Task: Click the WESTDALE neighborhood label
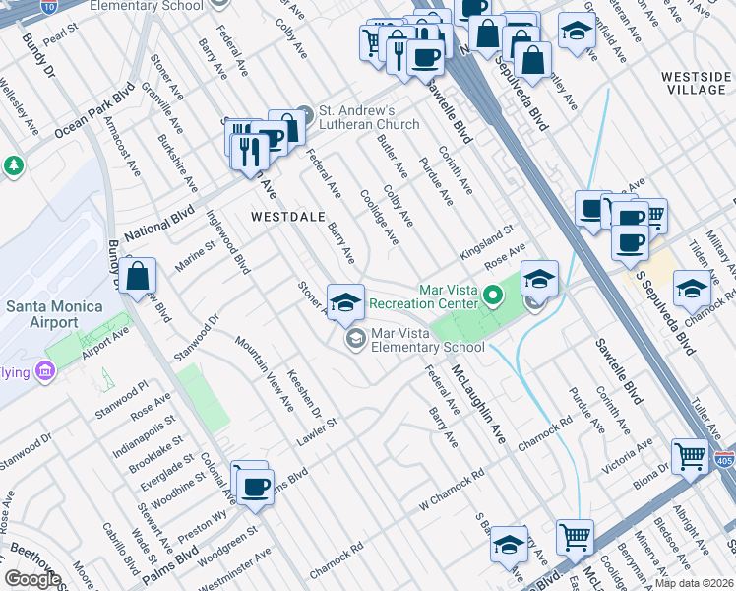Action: pyautogui.click(x=287, y=216)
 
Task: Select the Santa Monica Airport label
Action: pyautogui.click(x=54, y=314)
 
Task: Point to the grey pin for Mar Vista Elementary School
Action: pyautogui.click(x=353, y=341)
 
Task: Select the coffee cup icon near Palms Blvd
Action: pyautogui.click(x=256, y=487)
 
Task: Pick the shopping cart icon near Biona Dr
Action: pyautogui.click(x=690, y=456)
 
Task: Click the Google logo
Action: pyautogui.click(x=32, y=578)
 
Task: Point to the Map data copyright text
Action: pyautogui.click(x=695, y=583)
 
